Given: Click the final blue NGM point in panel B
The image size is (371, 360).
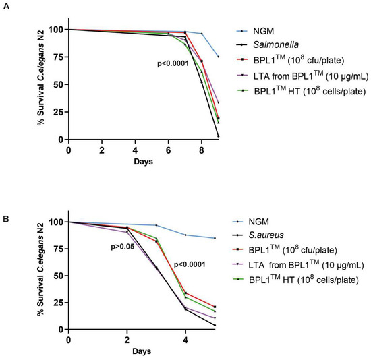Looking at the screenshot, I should click(x=215, y=238).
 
